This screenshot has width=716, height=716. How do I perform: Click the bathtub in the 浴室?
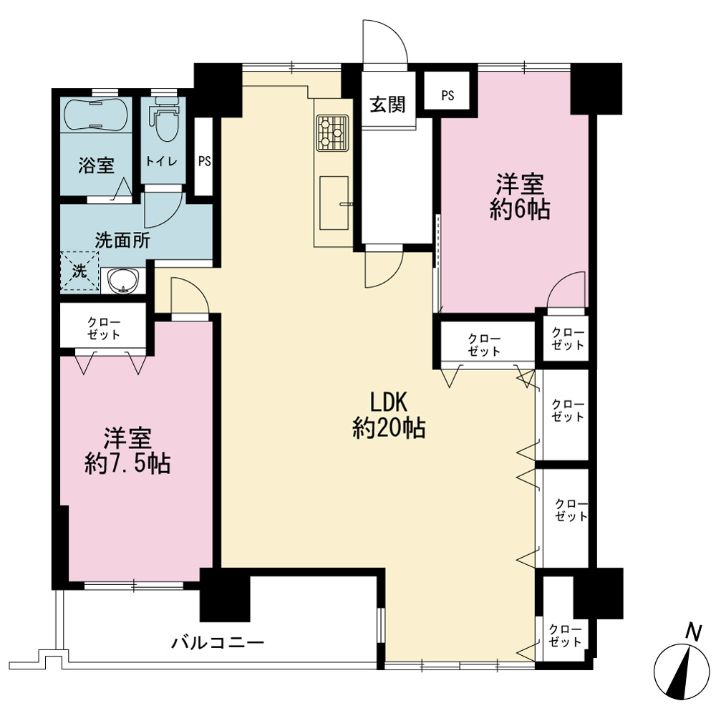point(96,114)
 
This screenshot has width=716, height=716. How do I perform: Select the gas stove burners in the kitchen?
point(333,133)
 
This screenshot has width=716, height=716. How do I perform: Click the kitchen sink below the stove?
point(334,203)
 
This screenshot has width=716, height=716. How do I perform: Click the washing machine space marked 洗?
point(80,271)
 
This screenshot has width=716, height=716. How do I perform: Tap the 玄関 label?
point(387,105)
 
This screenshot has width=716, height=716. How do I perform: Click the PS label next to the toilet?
point(205,161)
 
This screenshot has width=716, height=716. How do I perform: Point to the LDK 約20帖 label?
point(389,415)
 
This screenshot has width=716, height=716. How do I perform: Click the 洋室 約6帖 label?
point(520,197)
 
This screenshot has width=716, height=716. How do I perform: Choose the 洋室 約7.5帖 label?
point(127,450)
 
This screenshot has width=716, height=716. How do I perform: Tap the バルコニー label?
point(218,643)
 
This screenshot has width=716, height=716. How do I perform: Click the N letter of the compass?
point(694,632)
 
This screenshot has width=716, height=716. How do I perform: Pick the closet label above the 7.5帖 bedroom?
point(104,329)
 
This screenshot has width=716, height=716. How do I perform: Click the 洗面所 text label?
point(122,240)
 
